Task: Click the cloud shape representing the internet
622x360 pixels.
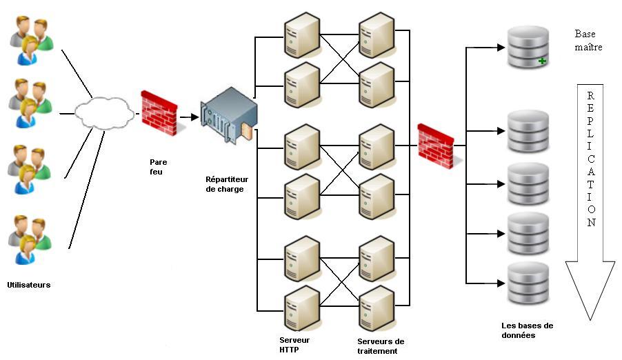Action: [x=103, y=112]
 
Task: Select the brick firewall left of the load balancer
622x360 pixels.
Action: [x=159, y=112]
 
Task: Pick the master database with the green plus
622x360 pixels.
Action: [x=528, y=47]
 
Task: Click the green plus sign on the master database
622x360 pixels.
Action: [x=542, y=61]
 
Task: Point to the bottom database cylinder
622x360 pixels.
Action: [x=528, y=284]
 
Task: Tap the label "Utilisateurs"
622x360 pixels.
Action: [x=29, y=284]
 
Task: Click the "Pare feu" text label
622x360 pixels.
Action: [x=159, y=166]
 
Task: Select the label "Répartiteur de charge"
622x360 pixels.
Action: [x=225, y=183]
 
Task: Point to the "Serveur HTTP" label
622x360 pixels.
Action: [x=294, y=344]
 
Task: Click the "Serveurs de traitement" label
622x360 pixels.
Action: [x=381, y=346]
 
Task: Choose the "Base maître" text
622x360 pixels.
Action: [x=588, y=41]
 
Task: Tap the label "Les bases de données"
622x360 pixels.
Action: [x=528, y=330]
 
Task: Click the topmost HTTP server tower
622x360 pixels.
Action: [x=302, y=35]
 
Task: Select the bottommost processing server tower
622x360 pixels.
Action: [x=376, y=308]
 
